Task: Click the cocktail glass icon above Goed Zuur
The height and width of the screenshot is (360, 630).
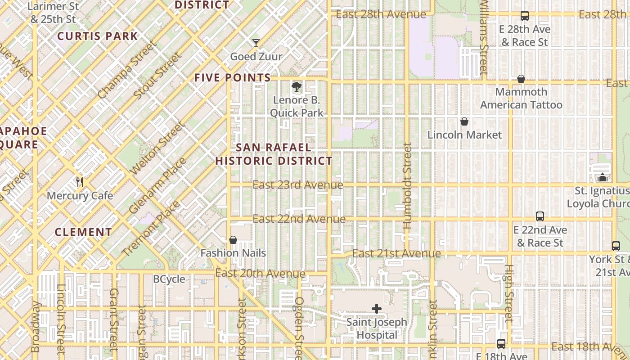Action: point(256,43)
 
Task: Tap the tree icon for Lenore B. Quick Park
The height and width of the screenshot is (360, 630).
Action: point(296,87)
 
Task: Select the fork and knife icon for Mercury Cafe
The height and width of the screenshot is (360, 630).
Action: point(80,182)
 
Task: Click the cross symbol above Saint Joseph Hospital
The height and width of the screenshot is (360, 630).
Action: point(377,309)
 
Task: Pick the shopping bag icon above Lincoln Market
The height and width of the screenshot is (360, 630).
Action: point(464,121)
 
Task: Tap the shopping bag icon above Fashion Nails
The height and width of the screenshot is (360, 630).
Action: point(233,240)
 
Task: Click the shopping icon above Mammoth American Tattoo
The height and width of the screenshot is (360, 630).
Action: point(521,79)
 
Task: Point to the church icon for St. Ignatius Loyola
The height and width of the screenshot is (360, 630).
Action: point(603,177)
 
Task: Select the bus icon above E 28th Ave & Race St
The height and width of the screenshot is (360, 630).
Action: point(525,16)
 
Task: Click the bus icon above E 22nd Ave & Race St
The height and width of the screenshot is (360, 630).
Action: point(540,216)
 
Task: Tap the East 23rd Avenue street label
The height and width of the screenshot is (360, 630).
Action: point(298,185)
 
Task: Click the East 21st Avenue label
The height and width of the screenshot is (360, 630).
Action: point(396,253)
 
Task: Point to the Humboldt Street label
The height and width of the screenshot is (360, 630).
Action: point(408,185)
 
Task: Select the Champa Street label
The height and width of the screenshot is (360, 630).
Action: point(128,70)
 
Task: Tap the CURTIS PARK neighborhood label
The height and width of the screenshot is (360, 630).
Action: point(98,36)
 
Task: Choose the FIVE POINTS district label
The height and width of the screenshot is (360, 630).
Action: point(233,77)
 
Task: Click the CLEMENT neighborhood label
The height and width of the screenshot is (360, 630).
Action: point(83,232)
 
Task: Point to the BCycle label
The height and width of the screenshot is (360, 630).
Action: point(169,279)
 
